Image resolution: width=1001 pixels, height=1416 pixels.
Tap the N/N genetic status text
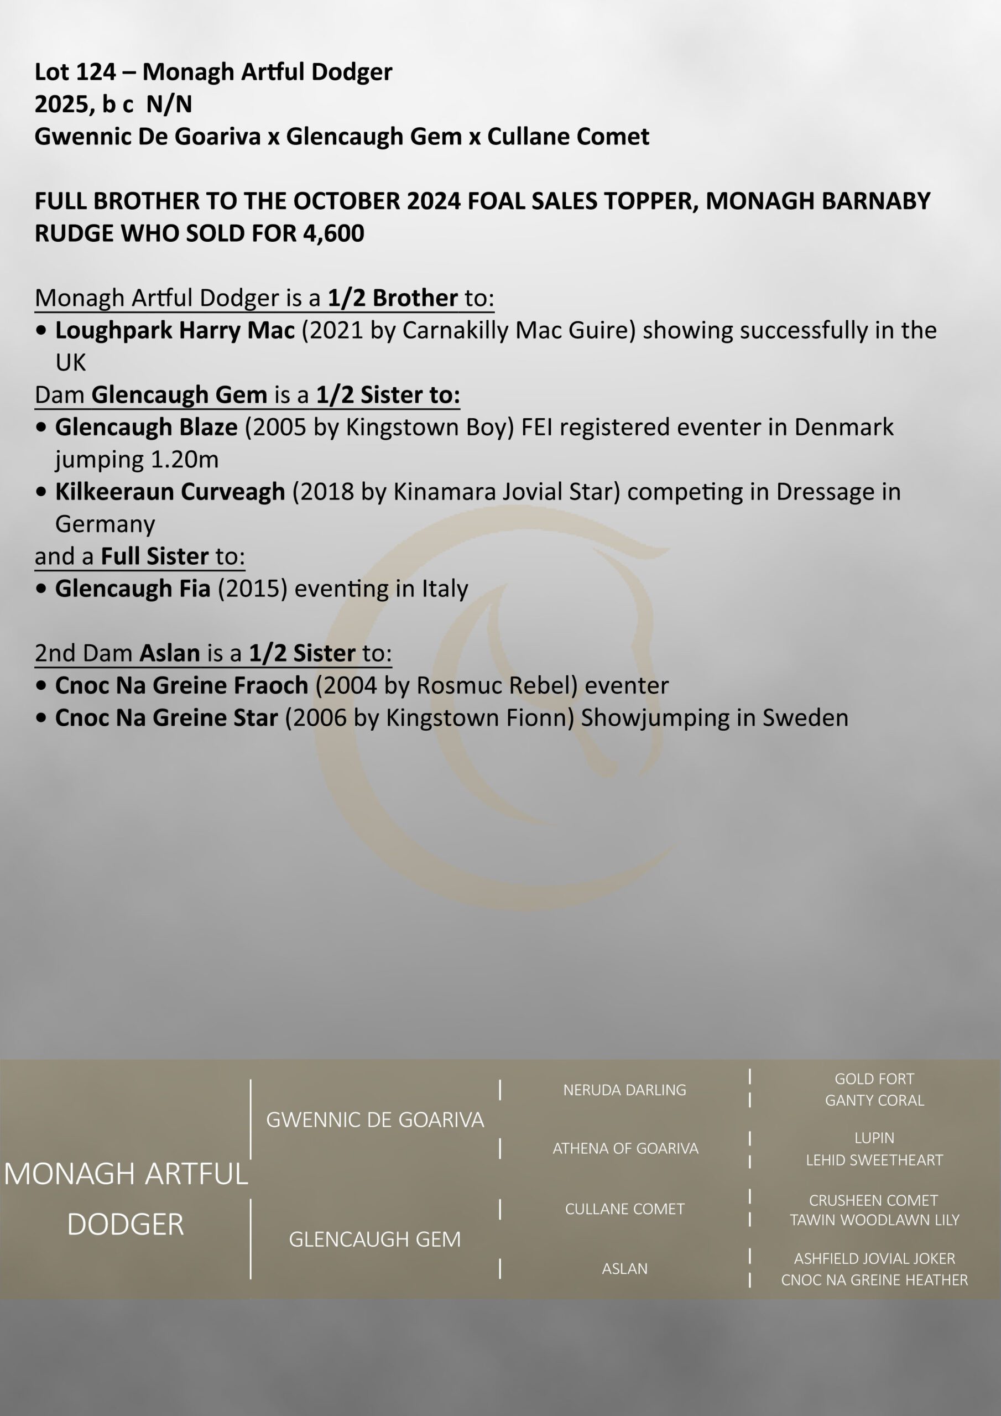[169, 104]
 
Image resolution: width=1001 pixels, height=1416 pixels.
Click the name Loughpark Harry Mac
[175, 330]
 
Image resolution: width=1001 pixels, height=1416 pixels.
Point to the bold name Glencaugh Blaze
[146, 427]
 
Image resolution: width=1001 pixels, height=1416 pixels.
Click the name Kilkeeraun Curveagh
[170, 492]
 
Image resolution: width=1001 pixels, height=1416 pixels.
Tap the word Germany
[105, 524]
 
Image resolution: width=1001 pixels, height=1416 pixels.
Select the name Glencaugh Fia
[133, 589]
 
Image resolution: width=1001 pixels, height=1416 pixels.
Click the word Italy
[445, 589]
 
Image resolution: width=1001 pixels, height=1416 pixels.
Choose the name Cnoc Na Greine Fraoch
[181, 685]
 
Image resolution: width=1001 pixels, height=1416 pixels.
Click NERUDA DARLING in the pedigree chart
[624, 1090]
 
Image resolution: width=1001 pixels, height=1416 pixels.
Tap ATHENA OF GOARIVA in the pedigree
[625, 1148]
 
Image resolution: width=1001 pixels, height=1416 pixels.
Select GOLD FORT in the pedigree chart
[874, 1079]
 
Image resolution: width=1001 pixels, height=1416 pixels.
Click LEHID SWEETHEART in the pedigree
[874, 1160]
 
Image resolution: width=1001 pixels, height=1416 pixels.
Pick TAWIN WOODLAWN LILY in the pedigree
[874, 1220]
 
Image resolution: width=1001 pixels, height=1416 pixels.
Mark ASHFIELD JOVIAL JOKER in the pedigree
[874, 1258]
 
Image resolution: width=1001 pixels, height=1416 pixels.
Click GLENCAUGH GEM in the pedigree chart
[375, 1239]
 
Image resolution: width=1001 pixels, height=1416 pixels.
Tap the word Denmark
[844, 427]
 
